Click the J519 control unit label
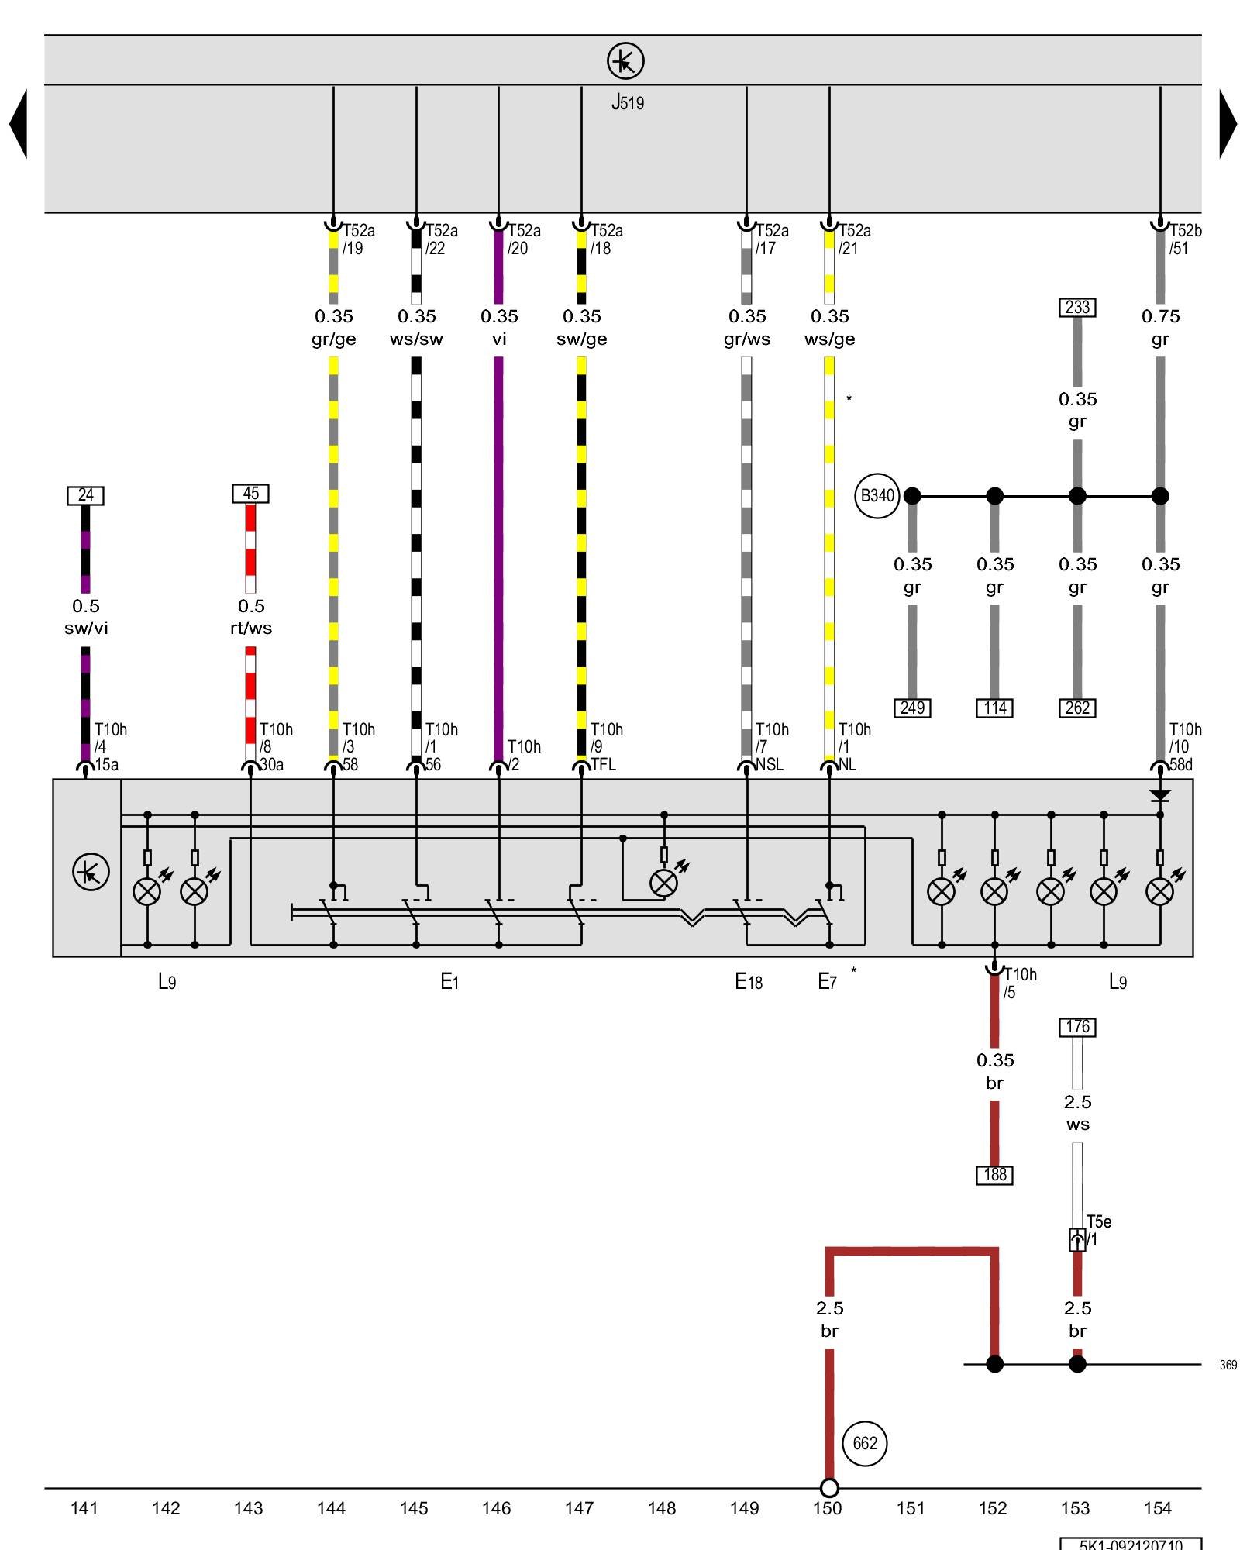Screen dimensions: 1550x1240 [627, 102]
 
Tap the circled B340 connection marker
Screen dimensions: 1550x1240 [877, 496]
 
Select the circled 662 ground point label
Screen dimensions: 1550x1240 [864, 1443]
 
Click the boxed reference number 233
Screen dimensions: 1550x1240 [1076, 307]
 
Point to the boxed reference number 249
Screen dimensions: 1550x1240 [912, 708]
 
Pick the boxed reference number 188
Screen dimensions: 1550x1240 [994, 1175]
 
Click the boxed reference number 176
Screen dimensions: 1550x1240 [1077, 1027]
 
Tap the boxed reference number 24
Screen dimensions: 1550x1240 [85, 494]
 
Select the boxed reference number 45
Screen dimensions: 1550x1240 [250, 494]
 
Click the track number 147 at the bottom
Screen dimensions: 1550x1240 [579, 1508]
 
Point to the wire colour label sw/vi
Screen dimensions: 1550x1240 [86, 628]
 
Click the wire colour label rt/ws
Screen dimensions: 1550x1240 [251, 628]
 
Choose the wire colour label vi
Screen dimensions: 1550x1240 [498, 339]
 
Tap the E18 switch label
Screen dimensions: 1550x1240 [748, 982]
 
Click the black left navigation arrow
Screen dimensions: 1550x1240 [19, 124]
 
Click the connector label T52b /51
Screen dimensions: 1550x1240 [1184, 239]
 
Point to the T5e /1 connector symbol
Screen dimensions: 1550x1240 [1077, 1240]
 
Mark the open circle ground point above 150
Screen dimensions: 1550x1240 [828, 1488]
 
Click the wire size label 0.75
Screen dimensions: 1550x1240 [1160, 316]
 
